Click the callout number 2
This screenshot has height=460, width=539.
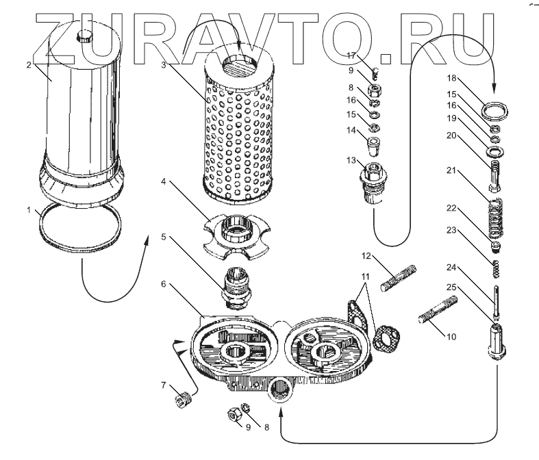click(28, 65)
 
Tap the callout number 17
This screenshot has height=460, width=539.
click(349, 55)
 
